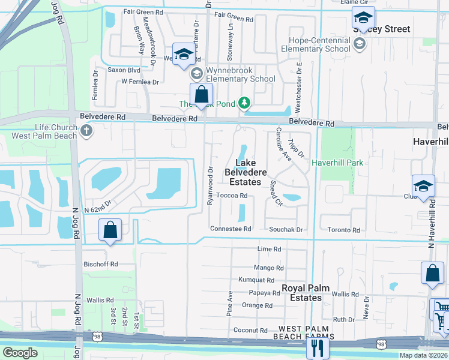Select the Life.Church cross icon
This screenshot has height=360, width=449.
87,131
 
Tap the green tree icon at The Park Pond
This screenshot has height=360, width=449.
244,104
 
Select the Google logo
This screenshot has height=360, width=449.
20,353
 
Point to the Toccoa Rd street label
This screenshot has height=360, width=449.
232,196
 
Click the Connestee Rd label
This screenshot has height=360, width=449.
230,229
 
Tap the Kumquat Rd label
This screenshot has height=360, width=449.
256,280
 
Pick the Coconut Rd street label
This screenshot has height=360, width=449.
250,330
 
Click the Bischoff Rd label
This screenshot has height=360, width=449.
101,263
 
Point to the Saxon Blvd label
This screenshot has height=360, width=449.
124,70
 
